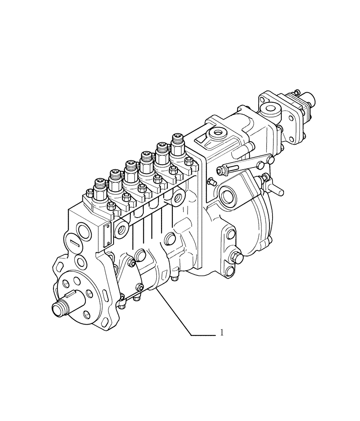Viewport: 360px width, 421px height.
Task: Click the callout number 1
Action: pyautogui.click(x=222, y=333)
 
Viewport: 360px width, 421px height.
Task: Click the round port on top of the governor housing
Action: pyautogui.click(x=219, y=134)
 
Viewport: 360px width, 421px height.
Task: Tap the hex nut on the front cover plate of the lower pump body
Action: pyautogui.click(x=132, y=263)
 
